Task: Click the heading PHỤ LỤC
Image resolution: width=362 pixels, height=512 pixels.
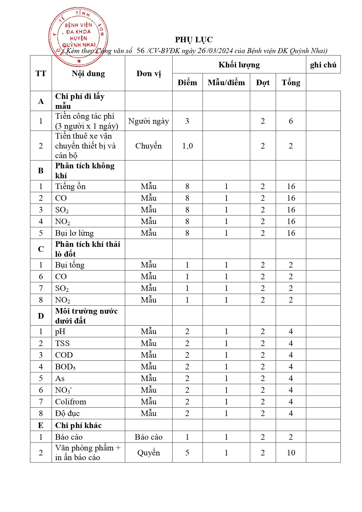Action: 194,40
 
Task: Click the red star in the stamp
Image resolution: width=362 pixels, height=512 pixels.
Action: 79,61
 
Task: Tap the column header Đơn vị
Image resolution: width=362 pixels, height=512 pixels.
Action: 148,74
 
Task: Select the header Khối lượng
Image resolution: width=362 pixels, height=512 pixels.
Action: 239,65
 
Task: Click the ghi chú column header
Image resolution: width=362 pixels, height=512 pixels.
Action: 323,65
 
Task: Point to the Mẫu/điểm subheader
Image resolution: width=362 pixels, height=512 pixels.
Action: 226,83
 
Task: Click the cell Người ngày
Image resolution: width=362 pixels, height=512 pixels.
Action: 148,121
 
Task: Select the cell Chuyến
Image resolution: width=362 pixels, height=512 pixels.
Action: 148,146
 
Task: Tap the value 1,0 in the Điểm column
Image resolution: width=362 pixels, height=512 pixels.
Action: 187,146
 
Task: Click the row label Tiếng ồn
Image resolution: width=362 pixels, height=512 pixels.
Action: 70,186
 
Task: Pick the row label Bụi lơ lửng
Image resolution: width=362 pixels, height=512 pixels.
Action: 74,233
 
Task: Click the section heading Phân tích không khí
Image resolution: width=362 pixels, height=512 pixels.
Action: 85,170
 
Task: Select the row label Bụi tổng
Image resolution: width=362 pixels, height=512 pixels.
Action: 70,265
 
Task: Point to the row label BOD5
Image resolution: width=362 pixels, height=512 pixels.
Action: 65,367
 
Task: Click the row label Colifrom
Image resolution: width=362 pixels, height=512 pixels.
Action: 71,402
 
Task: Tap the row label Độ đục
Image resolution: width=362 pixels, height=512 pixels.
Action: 67,413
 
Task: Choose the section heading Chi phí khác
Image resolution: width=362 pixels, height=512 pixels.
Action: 78,425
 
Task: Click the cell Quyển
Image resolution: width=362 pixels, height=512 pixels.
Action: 148,453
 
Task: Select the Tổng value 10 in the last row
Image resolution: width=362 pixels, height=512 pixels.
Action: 291,453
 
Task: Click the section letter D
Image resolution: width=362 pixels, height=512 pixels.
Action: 41,316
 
